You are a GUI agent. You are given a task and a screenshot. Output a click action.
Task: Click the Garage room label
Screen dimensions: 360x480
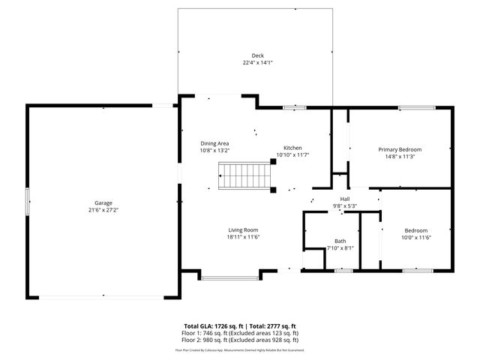103,202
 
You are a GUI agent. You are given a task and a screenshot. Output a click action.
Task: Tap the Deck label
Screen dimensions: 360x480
257,55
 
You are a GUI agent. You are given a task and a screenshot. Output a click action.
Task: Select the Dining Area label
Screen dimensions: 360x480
214,143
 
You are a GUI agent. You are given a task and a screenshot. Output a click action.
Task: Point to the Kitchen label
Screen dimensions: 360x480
292,148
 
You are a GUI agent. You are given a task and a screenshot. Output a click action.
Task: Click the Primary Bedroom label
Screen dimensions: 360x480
399,149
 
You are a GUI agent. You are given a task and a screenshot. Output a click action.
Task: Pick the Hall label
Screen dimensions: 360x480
345,199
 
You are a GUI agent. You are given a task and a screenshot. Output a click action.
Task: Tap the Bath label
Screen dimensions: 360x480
340,241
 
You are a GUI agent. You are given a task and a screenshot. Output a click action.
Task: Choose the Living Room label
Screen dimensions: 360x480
244,230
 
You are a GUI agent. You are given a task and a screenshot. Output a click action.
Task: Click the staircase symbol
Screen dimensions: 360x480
243,177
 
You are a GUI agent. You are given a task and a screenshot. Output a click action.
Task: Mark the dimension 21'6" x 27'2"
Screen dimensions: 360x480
103,210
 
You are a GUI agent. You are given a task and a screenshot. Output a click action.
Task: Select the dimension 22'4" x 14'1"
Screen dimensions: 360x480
257,63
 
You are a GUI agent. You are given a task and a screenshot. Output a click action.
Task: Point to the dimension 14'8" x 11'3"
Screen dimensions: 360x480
399,157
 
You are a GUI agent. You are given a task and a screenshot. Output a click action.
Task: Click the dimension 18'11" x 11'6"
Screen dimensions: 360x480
244,238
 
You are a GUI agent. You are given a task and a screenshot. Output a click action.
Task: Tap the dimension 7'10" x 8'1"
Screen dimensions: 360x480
340,247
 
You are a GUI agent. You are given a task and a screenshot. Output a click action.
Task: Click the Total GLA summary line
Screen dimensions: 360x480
240,326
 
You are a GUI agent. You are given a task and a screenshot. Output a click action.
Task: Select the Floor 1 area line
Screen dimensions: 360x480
240,333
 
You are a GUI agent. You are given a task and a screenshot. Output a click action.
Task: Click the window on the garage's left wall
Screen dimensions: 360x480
28,202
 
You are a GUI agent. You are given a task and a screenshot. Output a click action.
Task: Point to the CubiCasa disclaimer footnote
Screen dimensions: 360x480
240,349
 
